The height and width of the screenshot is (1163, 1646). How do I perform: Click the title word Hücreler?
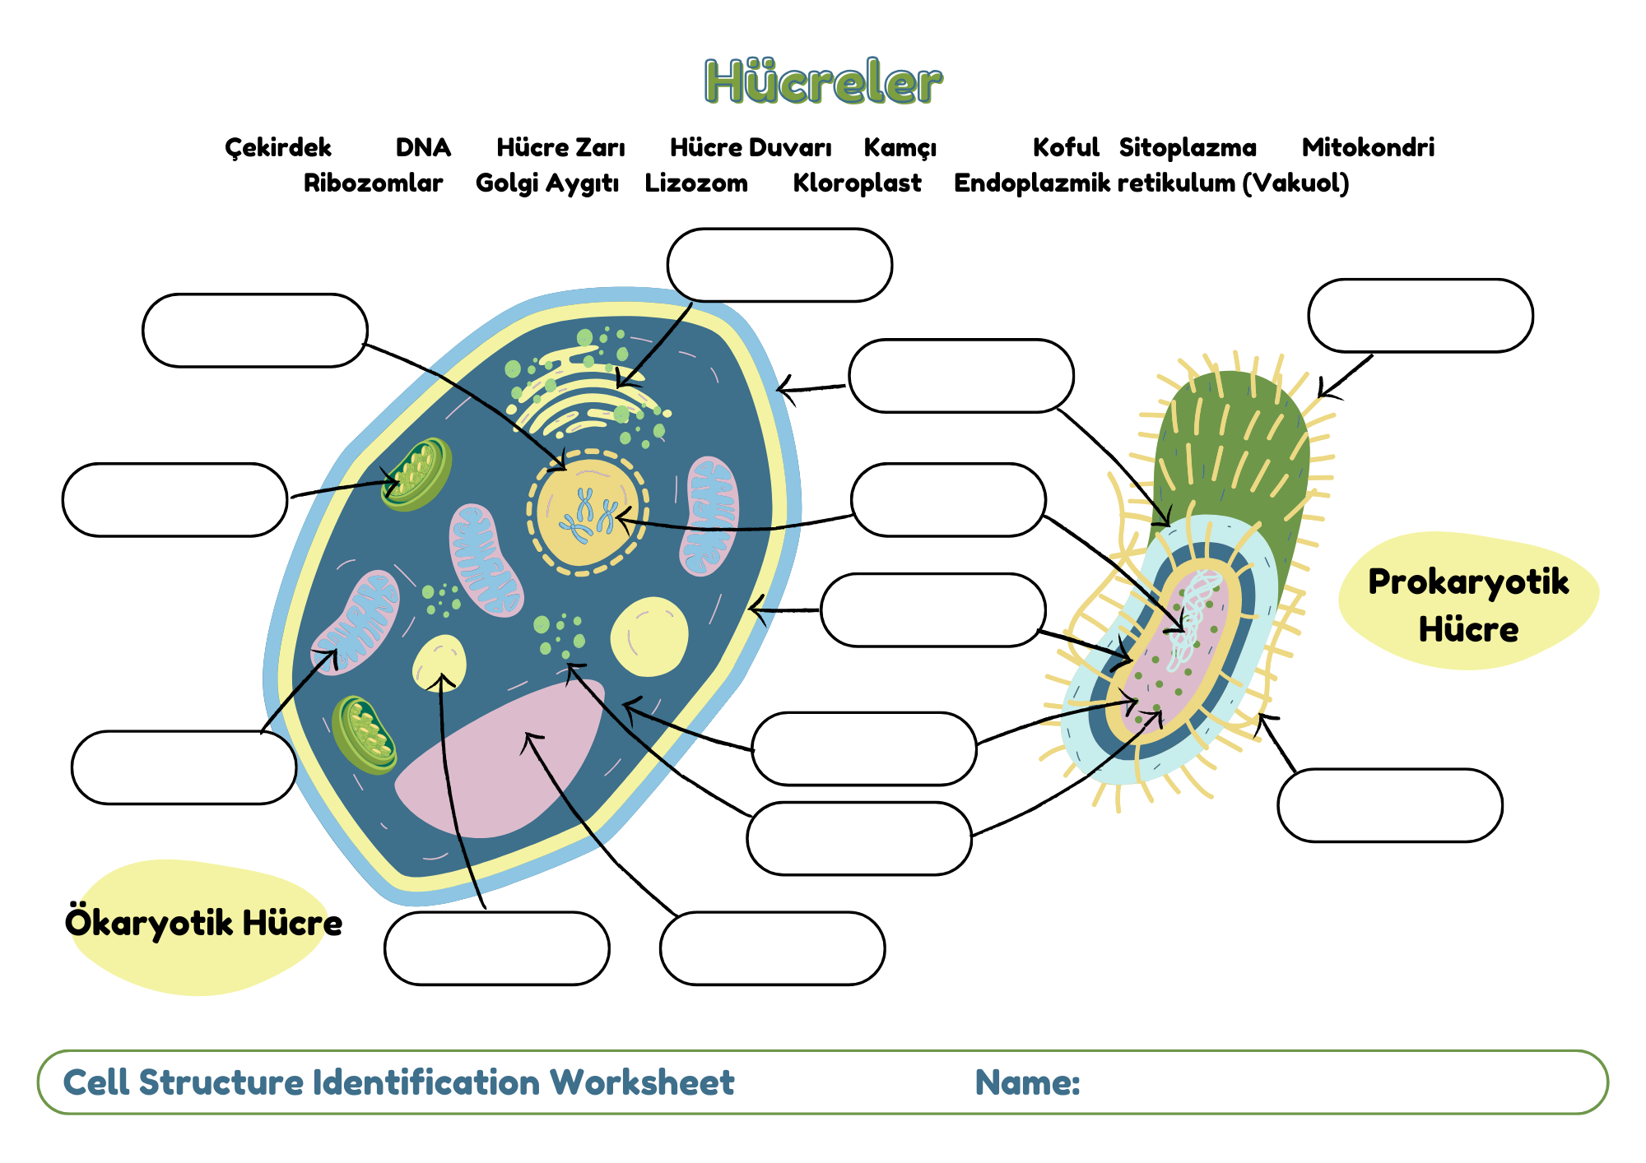pyautogui.click(x=823, y=81)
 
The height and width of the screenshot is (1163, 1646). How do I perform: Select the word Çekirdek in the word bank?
pyautogui.click(x=278, y=148)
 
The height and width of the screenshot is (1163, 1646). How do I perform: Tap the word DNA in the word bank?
pyautogui.click(x=423, y=147)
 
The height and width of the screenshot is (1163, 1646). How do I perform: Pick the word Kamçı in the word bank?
pyautogui.click(x=900, y=148)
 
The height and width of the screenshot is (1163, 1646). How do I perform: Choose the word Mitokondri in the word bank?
pyautogui.click(x=1368, y=147)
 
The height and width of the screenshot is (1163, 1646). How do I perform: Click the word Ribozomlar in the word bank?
pyautogui.click(x=373, y=183)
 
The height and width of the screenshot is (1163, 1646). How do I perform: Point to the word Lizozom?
pyautogui.click(x=696, y=183)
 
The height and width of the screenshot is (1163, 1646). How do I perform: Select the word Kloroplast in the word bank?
pyautogui.click(x=857, y=183)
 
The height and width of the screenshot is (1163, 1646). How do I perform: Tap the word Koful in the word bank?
pyautogui.click(x=1066, y=147)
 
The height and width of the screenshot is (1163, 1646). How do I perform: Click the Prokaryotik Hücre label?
pyautogui.click(x=1468, y=605)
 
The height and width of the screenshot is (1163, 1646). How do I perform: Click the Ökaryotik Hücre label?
pyautogui.click(x=203, y=923)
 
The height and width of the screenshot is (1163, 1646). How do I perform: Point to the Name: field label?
pyautogui.click(x=1027, y=1082)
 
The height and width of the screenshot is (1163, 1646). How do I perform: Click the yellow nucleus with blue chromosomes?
pyautogui.click(x=587, y=512)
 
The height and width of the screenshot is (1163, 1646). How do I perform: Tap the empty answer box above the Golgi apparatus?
pyautogui.click(x=779, y=265)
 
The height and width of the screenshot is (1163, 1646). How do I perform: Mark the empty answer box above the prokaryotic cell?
pyautogui.click(x=1420, y=316)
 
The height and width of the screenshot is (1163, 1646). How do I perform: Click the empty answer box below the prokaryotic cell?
pyautogui.click(x=1390, y=805)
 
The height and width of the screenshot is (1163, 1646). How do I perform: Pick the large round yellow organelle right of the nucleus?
pyautogui.click(x=649, y=637)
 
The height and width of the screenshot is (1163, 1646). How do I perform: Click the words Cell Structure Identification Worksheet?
pyautogui.click(x=398, y=1082)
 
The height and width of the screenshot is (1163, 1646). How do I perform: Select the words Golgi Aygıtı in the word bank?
pyautogui.click(x=547, y=183)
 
